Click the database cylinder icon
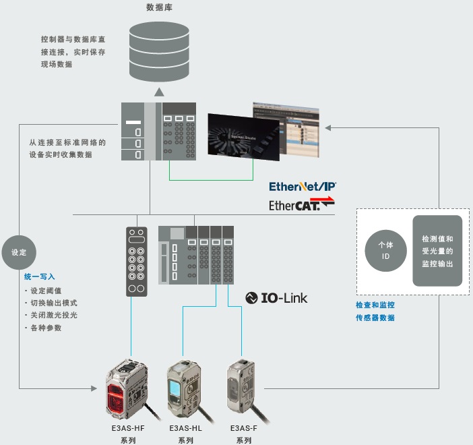[159, 51]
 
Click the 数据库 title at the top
[158, 8]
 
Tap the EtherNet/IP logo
[303, 186]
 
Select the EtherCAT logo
[302, 204]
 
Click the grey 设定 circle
[19, 252]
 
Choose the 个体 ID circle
[385, 250]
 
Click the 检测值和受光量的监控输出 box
[437, 251]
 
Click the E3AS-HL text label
[186, 428]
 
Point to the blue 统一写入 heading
[39, 276]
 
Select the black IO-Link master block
[136, 262]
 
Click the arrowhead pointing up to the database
[158, 92]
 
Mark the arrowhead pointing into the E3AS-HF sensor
[94, 388]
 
